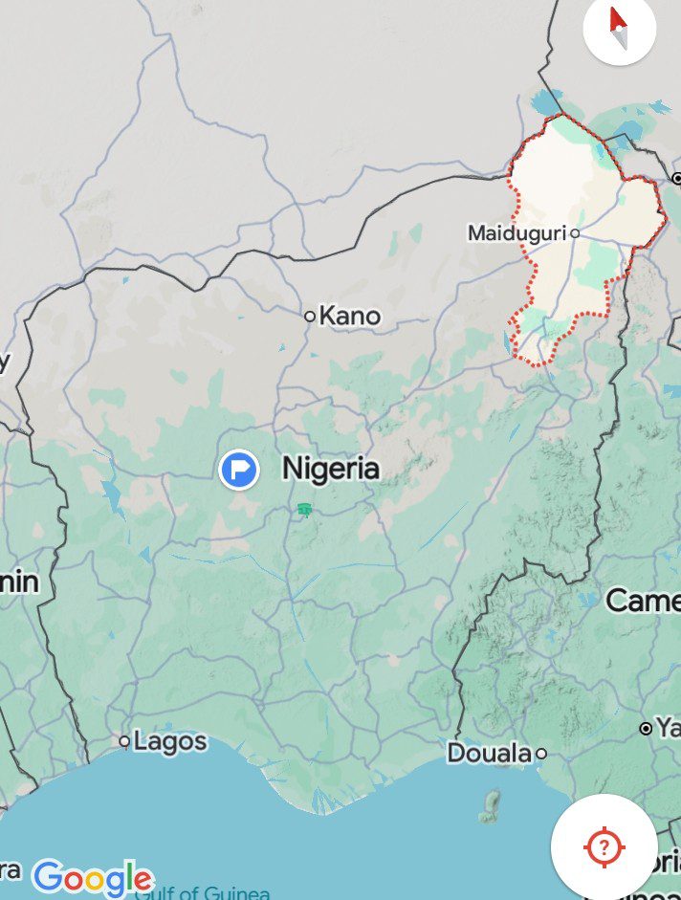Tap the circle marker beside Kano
click(310, 316)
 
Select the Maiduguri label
click(516, 232)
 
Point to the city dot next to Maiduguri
click(575, 232)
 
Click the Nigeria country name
click(331, 469)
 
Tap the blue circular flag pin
click(239, 470)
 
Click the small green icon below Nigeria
click(304, 510)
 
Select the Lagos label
click(170, 740)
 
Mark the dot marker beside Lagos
click(124, 741)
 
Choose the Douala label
click(489, 754)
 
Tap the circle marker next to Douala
click(540, 754)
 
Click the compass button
click(619, 29)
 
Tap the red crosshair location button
click(604, 846)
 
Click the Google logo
click(92, 878)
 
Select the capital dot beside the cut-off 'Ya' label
click(646, 729)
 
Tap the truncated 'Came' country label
click(643, 601)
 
